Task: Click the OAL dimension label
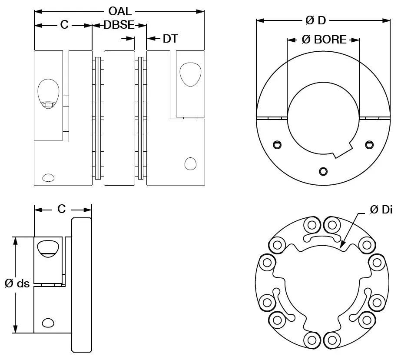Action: [119, 11]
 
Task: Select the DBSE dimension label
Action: [119, 26]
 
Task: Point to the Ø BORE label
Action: [324, 40]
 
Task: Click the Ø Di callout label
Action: [381, 210]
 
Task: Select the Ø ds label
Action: [17, 284]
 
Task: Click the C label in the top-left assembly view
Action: [64, 26]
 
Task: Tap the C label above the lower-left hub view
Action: [62, 210]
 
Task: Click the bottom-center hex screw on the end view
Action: [322, 170]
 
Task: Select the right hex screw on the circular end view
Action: [369, 144]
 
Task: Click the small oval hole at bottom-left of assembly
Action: [48, 177]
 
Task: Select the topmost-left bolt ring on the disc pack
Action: [311, 225]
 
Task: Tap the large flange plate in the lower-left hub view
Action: [82, 285]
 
